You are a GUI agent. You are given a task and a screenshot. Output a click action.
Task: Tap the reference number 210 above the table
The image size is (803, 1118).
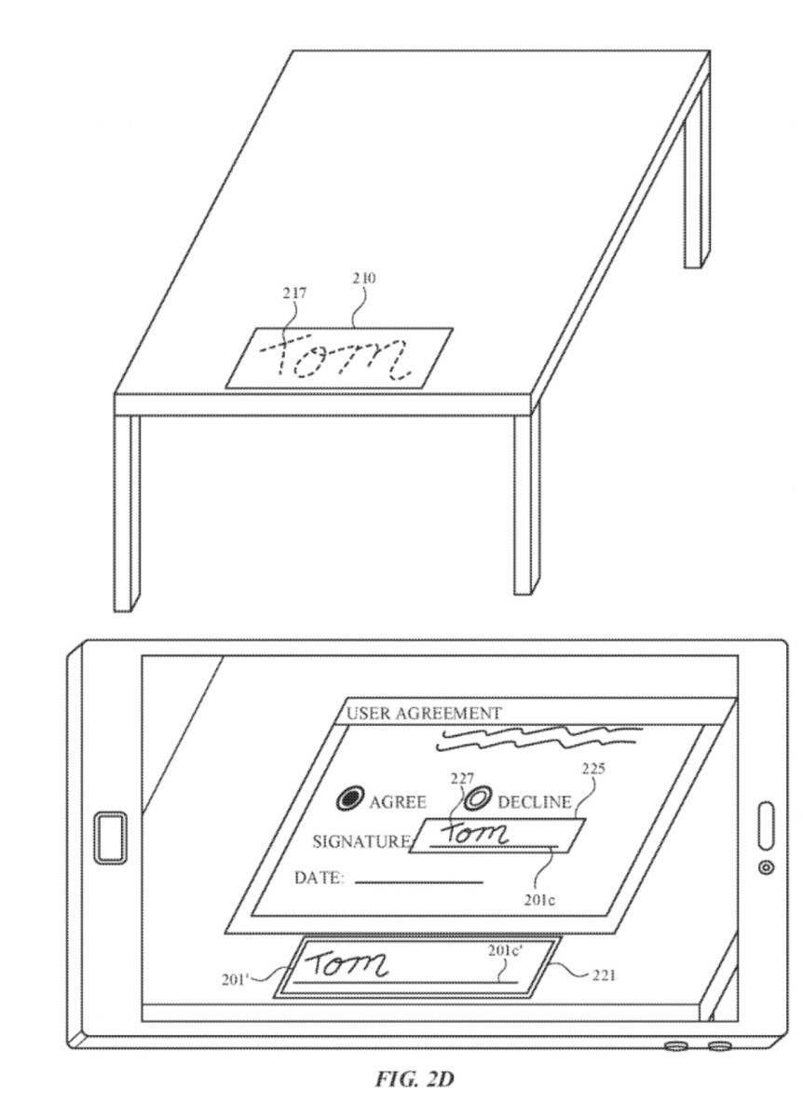[x=364, y=278]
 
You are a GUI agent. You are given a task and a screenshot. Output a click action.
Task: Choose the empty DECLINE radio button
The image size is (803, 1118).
[x=479, y=798]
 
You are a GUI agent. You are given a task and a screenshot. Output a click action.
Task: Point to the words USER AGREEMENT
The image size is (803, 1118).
[x=424, y=714]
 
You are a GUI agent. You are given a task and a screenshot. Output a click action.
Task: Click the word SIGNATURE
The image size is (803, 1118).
[x=361, y=842]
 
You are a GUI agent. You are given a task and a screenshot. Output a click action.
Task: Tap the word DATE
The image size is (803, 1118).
[x=319, y=878]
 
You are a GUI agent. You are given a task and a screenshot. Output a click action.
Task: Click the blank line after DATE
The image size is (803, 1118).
[x=419, y=881]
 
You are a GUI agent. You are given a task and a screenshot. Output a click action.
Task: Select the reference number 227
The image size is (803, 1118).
[x=464, y=776]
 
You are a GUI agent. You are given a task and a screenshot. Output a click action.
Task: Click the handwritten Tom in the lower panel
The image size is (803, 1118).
[x=350, y=966]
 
